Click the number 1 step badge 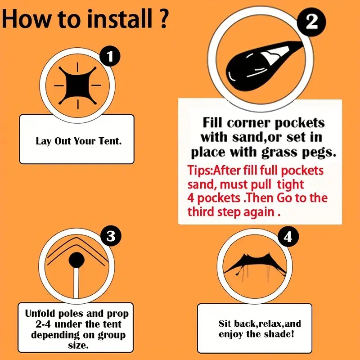(110, 56)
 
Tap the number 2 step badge (311, 22)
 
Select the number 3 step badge (111, 236)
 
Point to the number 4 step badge (288, 237)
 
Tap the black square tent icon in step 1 (77, 85)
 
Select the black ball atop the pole (76, 260)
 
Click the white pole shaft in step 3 (76, 283)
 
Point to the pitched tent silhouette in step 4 (255, 264)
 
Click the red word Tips (199, 171)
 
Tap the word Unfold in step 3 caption (40, 313)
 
